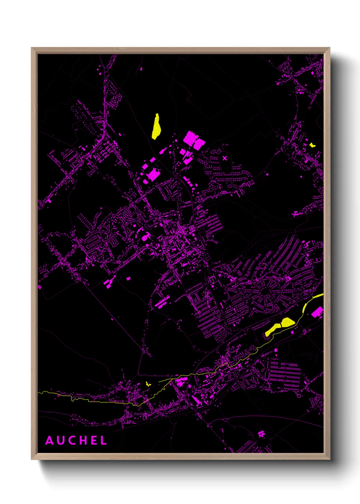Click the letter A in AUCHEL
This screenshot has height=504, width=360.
(x=49, y=441)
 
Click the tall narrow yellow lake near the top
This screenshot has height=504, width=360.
(x=156, y=127)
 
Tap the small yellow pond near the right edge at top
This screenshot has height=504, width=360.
(x=312, y=145)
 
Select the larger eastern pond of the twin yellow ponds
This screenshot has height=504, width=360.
(x=288, y=322)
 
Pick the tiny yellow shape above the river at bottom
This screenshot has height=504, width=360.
(x=147, y=384)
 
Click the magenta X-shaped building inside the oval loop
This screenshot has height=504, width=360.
(x=225, y=158)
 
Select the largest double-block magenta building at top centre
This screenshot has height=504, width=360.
(x=194, y=140)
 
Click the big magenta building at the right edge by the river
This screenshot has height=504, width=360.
(x=318, y=312)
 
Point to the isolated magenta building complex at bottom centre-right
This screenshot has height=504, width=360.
(x=261, y=434)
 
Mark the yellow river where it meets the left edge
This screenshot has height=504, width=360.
(x=39, y=392)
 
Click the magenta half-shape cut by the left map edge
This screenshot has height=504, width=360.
(x=39, y=287)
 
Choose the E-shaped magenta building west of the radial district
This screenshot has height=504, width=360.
(x=212, y=280)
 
